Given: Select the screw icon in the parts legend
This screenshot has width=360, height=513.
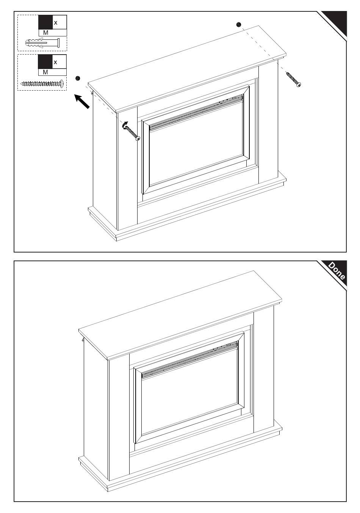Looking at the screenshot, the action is [x=42, y=83].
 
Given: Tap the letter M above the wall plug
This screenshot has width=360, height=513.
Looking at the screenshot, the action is [x=45, y=33].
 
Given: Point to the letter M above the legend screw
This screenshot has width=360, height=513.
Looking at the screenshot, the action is [x=45, y=72].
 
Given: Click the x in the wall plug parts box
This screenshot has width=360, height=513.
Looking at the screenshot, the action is [x=55, y=23].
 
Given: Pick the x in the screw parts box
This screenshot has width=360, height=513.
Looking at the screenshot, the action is [x=55, y=62].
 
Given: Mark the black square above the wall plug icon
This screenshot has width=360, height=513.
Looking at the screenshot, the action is [x=45, y=22].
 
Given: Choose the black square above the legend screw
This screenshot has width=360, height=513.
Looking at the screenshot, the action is [x=45, y=61].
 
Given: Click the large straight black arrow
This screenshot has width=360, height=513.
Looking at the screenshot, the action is [x=82, y=102].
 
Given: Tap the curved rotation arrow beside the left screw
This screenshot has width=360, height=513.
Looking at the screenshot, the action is [x=124, y=125].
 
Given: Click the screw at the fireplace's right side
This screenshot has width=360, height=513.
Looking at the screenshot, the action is [x=293, y=79].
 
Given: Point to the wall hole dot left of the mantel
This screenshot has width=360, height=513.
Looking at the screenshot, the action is [x=78, y=78].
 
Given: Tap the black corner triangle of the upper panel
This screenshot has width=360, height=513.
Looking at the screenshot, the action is [x=337, y=22].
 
